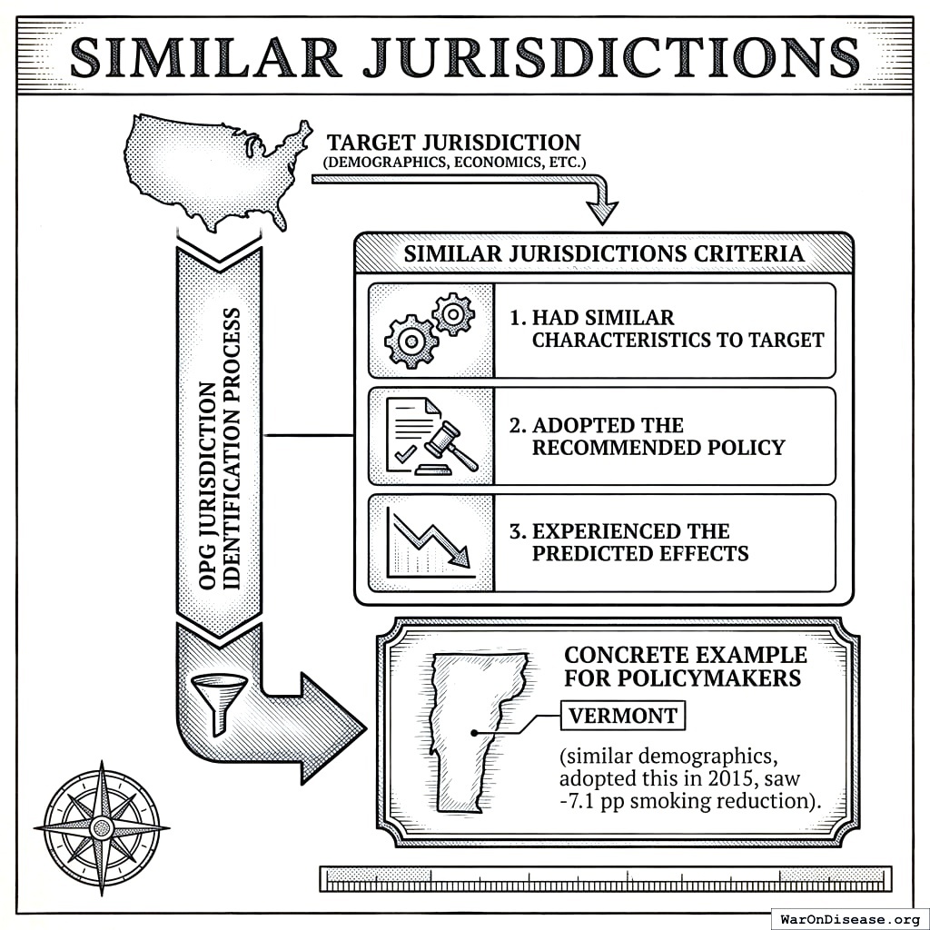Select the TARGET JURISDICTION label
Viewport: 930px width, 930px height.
[453, 143]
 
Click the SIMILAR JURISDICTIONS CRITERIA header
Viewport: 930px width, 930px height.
[603, 253]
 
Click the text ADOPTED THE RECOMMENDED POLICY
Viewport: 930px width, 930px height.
[658, 437]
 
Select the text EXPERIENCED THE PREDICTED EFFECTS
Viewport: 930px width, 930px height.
[639, 542]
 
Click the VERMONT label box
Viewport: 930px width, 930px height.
[622, 717]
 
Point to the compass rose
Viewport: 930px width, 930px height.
[102, 826]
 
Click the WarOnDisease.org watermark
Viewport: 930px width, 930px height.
[849, 918]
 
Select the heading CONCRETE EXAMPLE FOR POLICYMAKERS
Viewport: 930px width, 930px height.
[685, 667]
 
